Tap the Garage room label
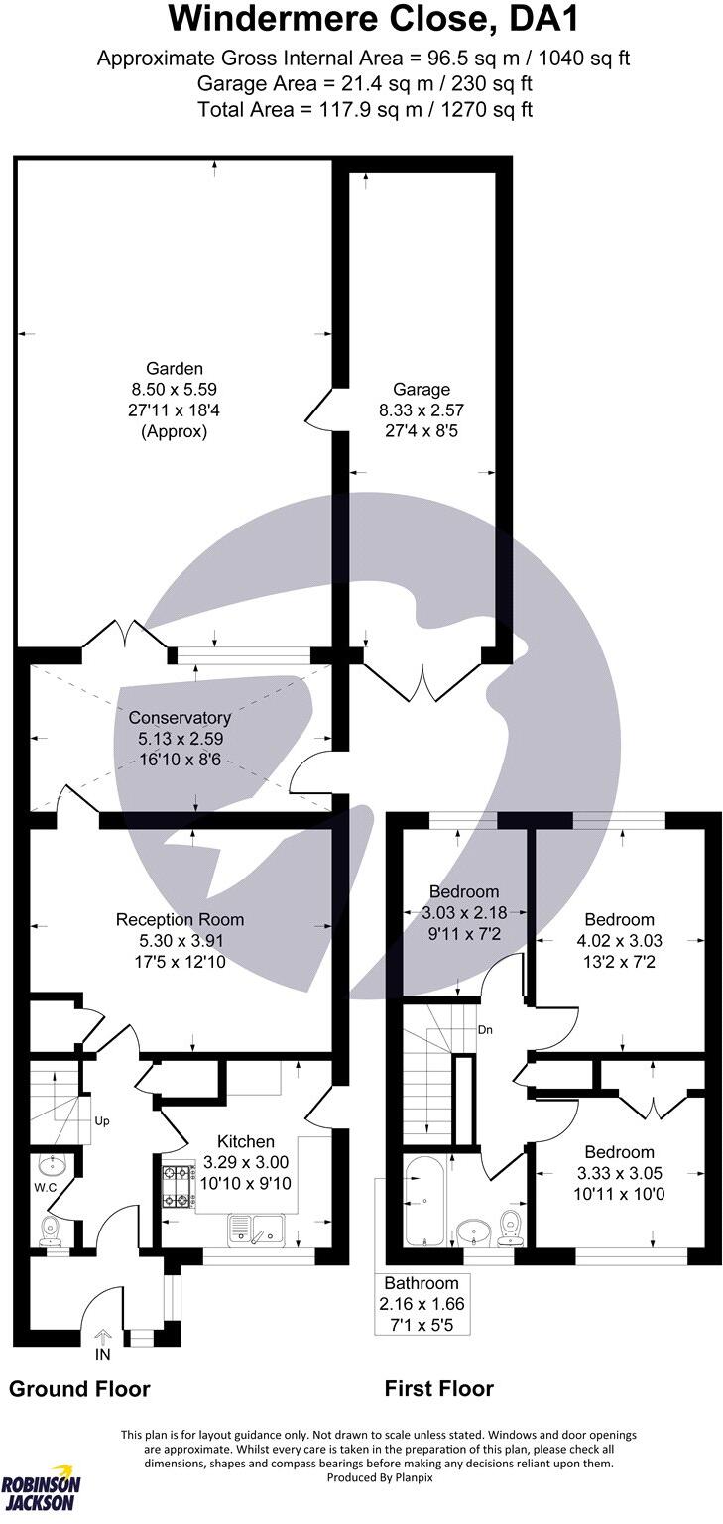coord(422,390)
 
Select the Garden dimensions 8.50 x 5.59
coord(175,390)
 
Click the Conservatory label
coord(180,717)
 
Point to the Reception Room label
coord(180,919)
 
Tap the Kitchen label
coord(238,1142)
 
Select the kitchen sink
coord(256,1230)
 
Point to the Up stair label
coord(100,1121)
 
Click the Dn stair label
coord(485,1030)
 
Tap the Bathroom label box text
coord(422,1304)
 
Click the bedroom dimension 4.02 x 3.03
coord(620,940)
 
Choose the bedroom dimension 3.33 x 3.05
coord(619,1174)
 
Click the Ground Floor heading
coord(79,1388)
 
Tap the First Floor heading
coord(438,1388)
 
